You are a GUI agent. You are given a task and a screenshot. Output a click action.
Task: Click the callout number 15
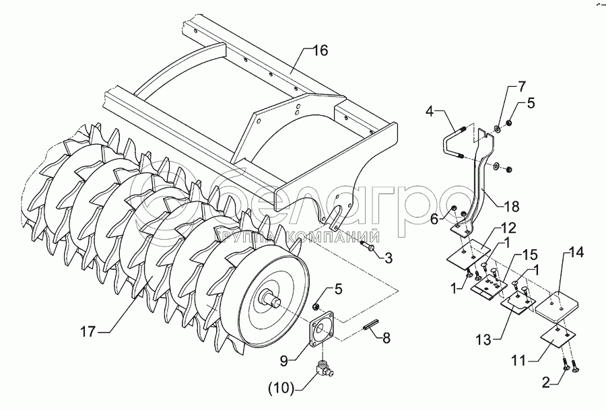(531, 256)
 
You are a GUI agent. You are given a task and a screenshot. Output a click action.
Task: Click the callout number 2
(547, 384)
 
